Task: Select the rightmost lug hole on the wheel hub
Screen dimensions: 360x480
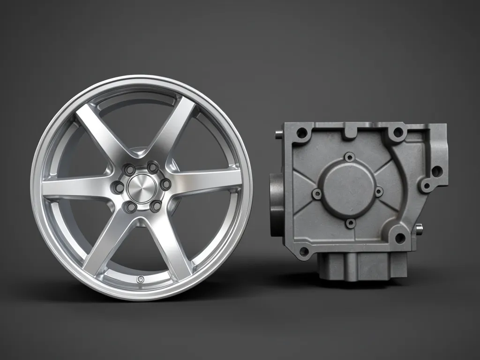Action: point(165,185)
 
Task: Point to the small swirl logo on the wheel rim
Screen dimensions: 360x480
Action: point(139,279)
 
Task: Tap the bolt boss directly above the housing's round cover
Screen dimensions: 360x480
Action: point(349,157)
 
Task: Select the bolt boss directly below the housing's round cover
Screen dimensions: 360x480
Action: point(351,223)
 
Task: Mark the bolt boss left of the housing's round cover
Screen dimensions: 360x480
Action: point(317,193)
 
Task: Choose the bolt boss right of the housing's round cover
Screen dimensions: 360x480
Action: point(379,191)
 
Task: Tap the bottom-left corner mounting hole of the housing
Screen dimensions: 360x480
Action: point(304,252)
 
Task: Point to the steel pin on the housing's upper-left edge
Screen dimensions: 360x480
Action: point(278,135)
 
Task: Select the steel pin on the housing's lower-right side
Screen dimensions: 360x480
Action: point(419,229)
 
